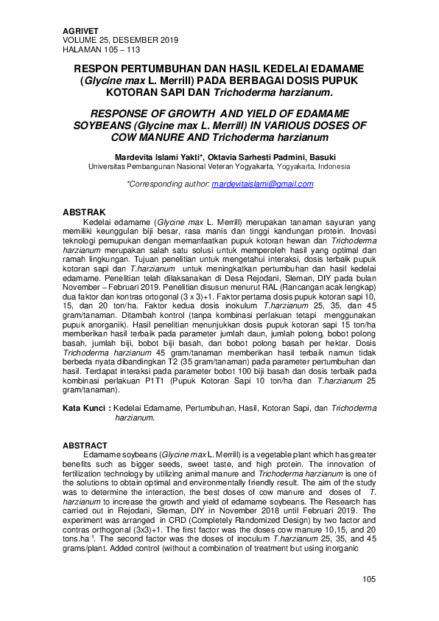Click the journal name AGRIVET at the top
tap(80, 30)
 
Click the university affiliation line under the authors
tap(219, 167)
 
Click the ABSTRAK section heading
tap(84, 212)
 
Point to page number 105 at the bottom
tap(369, 579)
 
